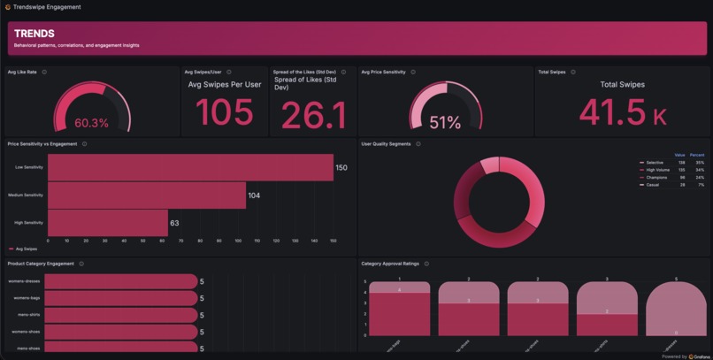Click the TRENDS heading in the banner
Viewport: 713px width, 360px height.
pyautogui.click(x=34, y=34)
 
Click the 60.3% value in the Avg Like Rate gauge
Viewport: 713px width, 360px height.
pyautogui.click(x=91, y=123)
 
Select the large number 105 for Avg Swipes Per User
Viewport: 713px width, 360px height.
pyautogui.click(x=224, y=113)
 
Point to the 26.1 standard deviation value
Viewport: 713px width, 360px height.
pyautogui.click(x=313, y=115)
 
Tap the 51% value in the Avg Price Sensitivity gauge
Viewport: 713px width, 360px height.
pyautogui.click(x=445, y=123)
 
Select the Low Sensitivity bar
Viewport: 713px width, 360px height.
pyautogui.click(x=190, y=167)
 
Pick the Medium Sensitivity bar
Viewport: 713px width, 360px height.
pyautogui.click(x=147, y=195)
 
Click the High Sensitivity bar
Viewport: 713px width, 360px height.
pyautogui.click(x=107, y=223)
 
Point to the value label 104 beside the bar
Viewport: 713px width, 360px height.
pyautogui.click(x=254, y=195)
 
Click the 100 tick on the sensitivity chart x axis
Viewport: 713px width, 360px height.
pyautogui.click(x=238, y=241)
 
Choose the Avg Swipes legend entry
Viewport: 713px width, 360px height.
pyautogui.click(x=26, y=249)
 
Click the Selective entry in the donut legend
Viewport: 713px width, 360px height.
pyautogui.click(x=655, y=163)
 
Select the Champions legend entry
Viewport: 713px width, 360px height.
pyautogui.click(x=656, y=178)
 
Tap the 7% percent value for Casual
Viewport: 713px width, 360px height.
pyautogui.click(x=701, y=185)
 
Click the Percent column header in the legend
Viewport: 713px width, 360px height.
pyautogui.click(x=697, y=155)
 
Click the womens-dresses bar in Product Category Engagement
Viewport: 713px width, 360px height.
pyautogui.click(x=120, y=281)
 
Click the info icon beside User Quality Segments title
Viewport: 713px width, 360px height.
pyautogui.click(x=418, y=144)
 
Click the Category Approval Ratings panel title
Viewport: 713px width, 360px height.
pyautogui.click(x=390, y=264)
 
